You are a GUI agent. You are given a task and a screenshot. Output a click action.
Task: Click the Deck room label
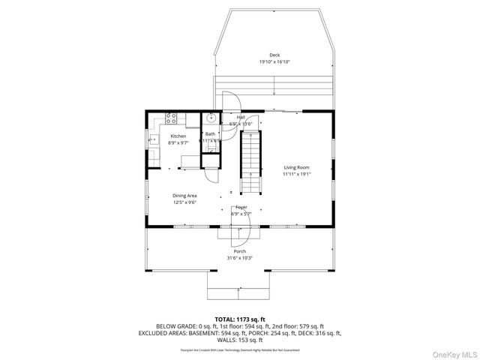coord(274,55)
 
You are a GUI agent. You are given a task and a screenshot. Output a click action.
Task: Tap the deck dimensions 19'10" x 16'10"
coord(274,61)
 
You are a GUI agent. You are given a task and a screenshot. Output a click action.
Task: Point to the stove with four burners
coord(171,118)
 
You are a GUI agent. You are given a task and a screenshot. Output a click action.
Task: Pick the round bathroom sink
coord(211,118)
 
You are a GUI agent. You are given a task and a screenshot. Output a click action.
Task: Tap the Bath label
coord(210,134)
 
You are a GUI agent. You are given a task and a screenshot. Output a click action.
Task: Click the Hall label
coord(241,118)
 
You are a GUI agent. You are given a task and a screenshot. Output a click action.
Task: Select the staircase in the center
coord(251,161)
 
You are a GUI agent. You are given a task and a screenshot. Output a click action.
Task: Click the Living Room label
coord(296,167)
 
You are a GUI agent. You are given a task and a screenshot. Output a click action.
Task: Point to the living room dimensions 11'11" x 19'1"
coord(296,174)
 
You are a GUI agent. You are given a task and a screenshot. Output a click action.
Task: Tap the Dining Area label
coord(184,195)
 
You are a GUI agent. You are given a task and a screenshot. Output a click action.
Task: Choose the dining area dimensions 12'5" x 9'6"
coord(184,202)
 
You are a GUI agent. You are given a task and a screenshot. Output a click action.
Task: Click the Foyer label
coord(241,207)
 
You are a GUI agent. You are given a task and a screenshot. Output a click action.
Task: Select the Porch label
coord(239,251)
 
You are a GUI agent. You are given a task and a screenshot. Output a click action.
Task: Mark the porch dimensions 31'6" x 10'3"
coord(239,258)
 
